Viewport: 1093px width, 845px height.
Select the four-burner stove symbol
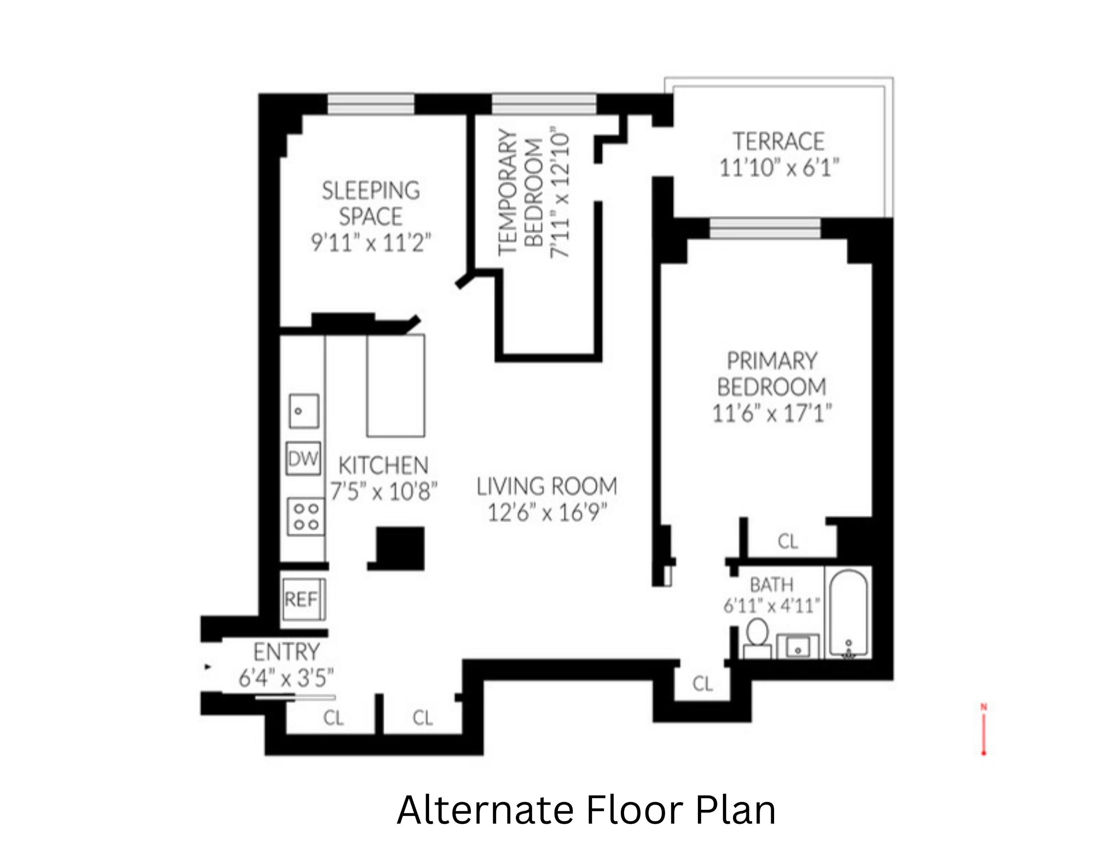[305, 516]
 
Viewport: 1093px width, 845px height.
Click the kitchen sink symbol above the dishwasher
[304, 411]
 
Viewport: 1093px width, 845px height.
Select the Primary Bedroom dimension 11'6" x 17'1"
[771, 414]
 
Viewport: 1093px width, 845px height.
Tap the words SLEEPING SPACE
[370, 203]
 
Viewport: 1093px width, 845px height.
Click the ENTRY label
[286, 652]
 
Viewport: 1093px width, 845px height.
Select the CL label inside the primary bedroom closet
[788, 541]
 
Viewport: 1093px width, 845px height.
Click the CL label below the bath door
[702, 684]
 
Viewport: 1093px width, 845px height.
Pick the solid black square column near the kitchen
[401, 548]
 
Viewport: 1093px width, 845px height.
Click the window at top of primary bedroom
[765, 228]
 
